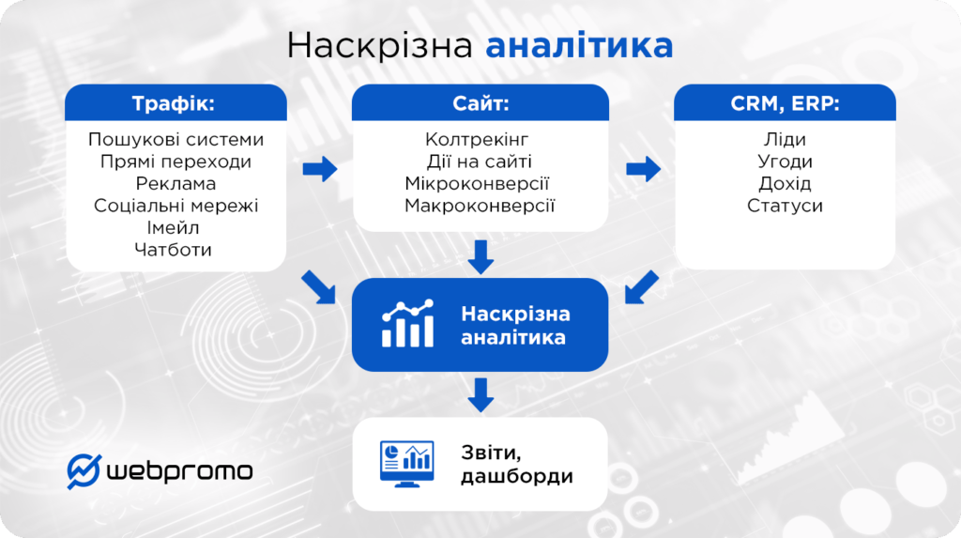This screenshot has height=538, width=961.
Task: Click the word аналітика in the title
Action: [580, 45]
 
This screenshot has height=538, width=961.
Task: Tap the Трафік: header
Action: [176, 103]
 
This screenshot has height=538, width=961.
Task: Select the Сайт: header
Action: [480, 103]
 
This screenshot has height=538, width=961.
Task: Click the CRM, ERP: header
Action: [785, 103]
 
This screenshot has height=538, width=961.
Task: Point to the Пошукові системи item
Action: [176, 140]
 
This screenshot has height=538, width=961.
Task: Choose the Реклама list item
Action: [176, 183]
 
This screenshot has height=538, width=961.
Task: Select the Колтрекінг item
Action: [480, 140]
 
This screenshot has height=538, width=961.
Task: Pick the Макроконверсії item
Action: [480, 205]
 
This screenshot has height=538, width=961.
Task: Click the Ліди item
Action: [785, 140]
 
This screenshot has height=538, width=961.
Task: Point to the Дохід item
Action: [785, 183]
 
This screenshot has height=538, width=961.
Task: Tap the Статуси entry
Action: [785, 205]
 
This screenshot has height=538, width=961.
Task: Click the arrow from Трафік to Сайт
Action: [320, 170]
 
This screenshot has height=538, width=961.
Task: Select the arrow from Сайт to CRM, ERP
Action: [643, 170]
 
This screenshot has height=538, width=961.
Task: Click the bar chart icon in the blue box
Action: [408, 324]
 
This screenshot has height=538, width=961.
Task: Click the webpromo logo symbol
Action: [84, 470]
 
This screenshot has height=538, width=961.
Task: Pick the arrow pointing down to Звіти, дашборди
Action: [480, 394]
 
